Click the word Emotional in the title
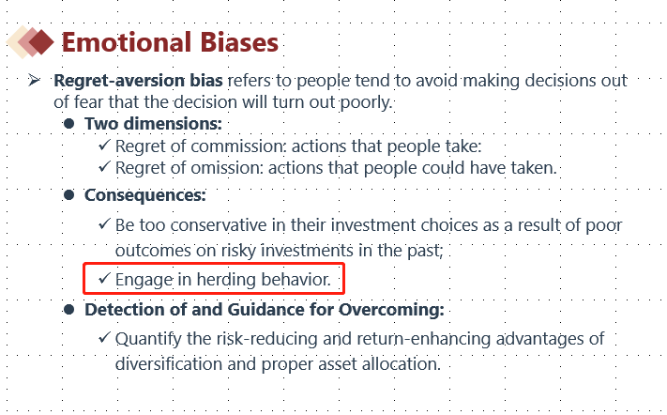pyautogui.click(x=127, y=42)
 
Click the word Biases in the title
pyautogui.click(x=239, y=42)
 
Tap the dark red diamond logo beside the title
pyautogui.click(x=41, y=41)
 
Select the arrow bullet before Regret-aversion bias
pyautogui.click(x=34, y=80)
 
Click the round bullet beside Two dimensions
pyautogui.click(x=68, y=124)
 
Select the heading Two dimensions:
pyautogui.click(x=153, y=123)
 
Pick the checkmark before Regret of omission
pyautogui.click(x=104, y=166)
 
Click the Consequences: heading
pyautogui.click(x=145, y=195)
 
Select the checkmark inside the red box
pyautogui.click(x=104, y=278)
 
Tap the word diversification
pyautogui.click(x=169, y=364)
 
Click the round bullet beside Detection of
pyautogui.click(x=68, y=310)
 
